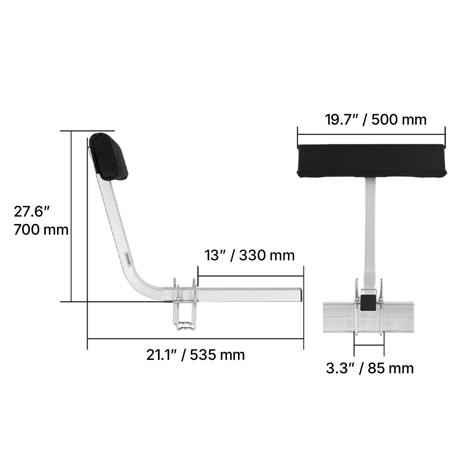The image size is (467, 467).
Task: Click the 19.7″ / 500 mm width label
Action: point(376,120)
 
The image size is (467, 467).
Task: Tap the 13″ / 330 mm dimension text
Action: point(249,255)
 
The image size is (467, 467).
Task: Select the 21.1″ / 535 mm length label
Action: point(196,355)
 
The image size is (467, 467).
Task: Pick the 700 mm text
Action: point(41,230)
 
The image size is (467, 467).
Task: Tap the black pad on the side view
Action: point(109,156)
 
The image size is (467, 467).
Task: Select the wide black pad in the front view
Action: point(371,161)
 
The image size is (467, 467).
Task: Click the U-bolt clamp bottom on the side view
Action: point(186,326)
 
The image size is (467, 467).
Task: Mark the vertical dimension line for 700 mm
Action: point(71,216)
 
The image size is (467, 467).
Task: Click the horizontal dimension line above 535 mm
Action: point(196,339)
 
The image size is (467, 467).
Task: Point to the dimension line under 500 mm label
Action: point(371,135)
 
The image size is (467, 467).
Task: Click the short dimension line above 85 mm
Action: point(369,345)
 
